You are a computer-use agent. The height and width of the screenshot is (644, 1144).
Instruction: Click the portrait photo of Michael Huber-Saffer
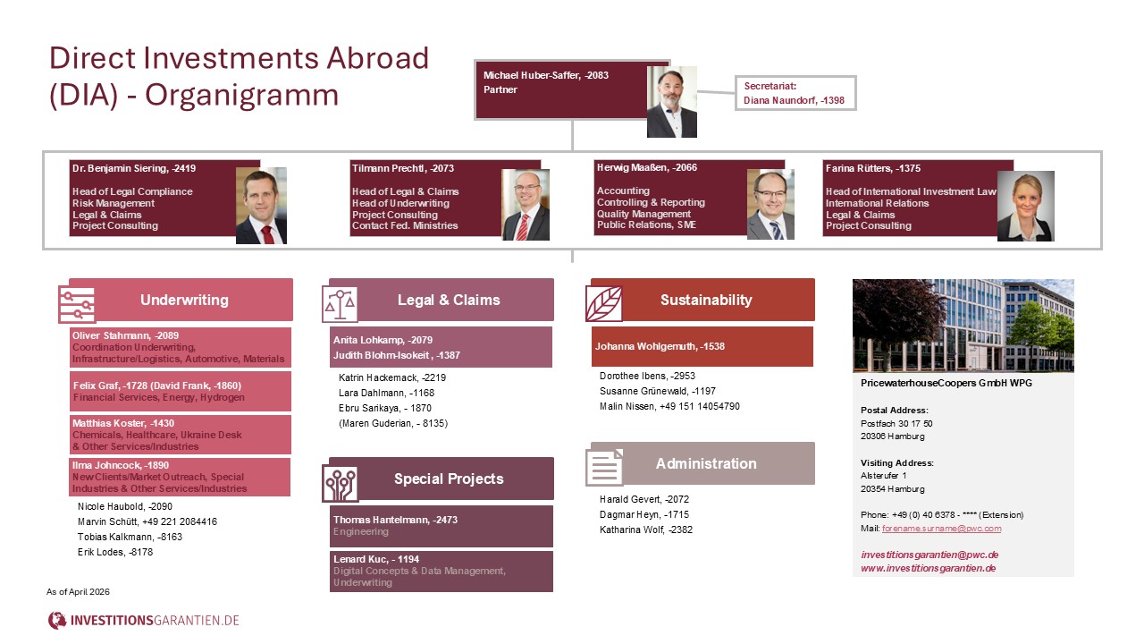672,102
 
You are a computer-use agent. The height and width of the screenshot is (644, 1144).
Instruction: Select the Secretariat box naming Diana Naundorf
795,94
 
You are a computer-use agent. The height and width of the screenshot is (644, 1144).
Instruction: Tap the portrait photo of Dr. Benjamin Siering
261,206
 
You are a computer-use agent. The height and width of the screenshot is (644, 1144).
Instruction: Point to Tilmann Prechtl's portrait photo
526,205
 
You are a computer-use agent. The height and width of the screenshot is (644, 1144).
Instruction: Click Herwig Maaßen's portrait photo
770,205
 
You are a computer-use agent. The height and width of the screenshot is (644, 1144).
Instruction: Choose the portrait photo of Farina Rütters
1025,207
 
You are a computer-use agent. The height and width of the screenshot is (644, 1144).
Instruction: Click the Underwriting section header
184,300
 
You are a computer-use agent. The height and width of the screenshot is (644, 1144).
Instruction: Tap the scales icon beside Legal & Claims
340,304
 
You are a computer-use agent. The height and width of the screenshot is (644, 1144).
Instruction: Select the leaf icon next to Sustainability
604,303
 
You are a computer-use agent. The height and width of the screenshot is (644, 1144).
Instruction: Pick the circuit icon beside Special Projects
341,483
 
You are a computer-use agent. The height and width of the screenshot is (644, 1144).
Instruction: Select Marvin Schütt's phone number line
147,521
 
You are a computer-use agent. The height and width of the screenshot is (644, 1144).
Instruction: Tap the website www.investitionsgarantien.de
929,568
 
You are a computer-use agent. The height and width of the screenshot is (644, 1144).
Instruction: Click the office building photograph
963,326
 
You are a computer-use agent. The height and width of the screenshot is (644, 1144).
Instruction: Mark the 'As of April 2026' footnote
79,592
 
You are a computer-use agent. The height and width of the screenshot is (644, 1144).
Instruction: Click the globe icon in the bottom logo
57,620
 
